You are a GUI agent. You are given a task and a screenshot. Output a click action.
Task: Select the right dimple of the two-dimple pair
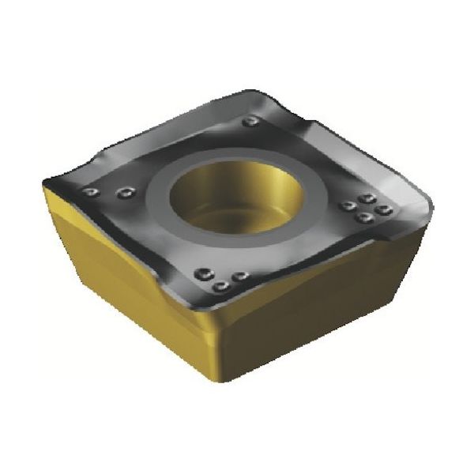[125, 191]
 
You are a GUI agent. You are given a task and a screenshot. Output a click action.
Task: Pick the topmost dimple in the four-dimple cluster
[366, 199]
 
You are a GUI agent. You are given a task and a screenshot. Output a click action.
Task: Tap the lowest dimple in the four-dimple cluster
[363, 217]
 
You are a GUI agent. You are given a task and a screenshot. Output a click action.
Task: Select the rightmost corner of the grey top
[431, 208]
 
